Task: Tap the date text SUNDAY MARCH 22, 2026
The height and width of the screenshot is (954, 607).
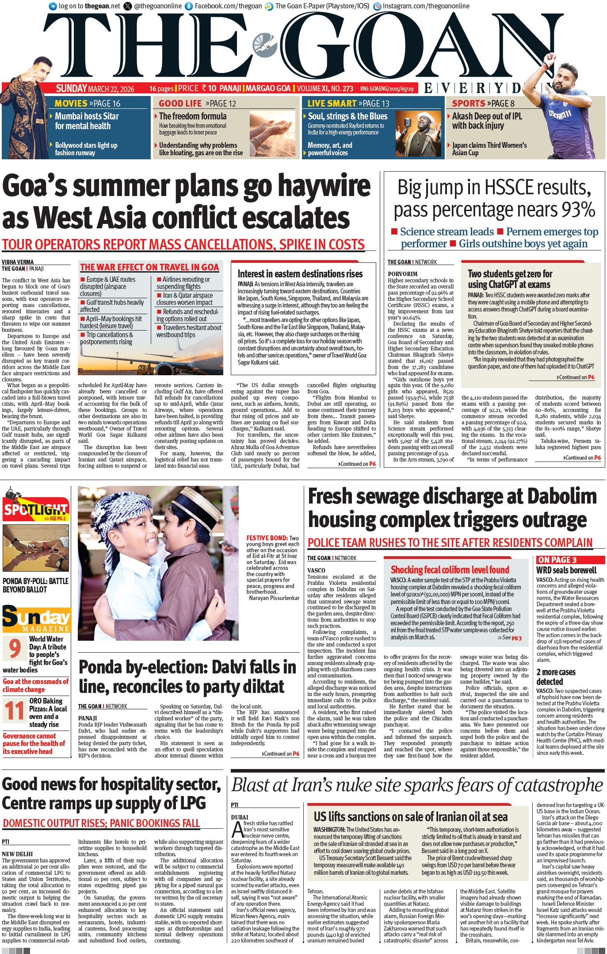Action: (x=95, y=88)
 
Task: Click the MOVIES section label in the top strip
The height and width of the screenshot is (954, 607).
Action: (x=71, y=104)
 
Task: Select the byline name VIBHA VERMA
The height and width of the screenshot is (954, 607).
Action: (x=18, y=262)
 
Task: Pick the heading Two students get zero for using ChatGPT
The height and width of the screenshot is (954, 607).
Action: (x=509, y=279)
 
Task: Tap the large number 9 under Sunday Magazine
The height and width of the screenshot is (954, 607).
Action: (x=15, y=649)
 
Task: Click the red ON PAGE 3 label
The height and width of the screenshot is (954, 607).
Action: (x=557, y=560)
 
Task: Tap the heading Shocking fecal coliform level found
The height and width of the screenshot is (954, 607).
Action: (x=450, y=570)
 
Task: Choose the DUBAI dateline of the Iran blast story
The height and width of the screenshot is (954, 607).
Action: (x=239, y=817)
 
